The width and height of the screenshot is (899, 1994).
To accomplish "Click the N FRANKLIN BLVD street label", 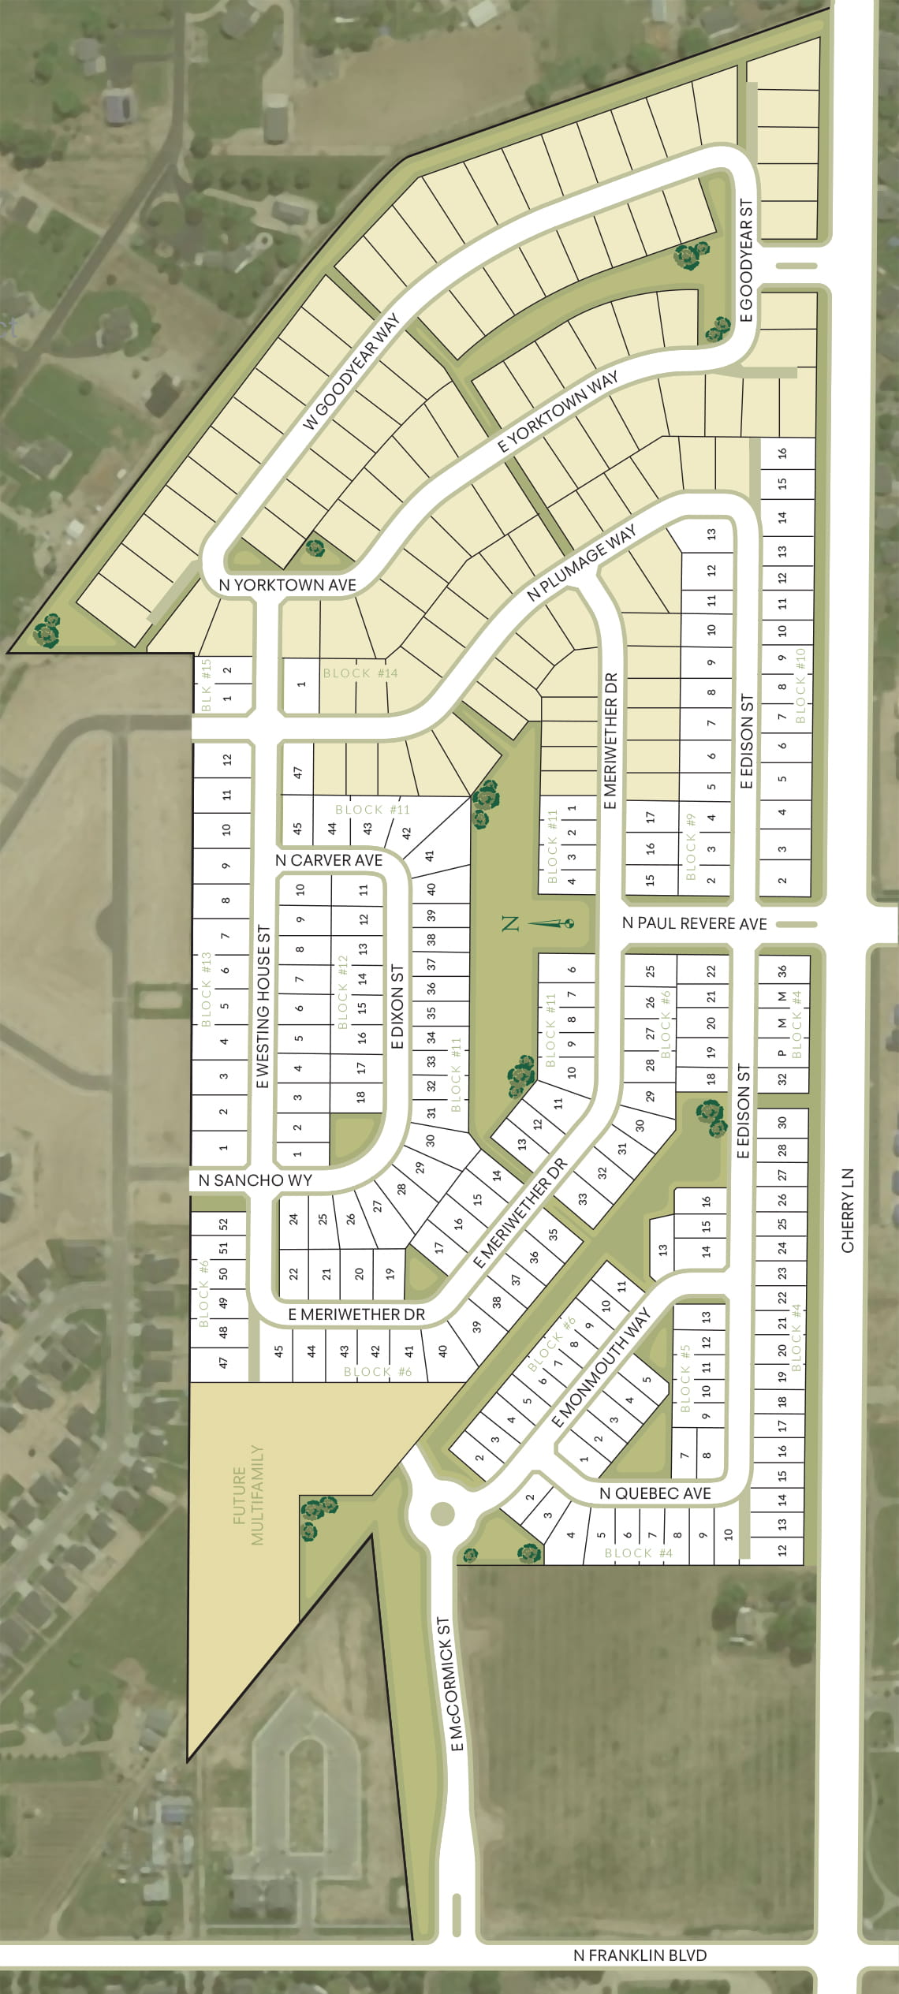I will pos(640,1955).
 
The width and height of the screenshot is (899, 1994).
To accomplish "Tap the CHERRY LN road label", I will pos(848,1209).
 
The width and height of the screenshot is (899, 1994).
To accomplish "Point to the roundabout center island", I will pos(442,1513).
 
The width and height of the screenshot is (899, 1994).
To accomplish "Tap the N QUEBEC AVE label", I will pos(655,1493).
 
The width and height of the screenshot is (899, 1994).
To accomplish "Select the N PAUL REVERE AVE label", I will pos(694,923).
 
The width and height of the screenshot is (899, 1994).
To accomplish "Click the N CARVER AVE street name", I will pos(329,860).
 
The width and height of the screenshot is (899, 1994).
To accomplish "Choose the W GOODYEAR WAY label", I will pos(352,371).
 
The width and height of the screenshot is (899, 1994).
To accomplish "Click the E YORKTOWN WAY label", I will pos(558,412).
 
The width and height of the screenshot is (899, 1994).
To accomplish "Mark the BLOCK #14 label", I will pos(360,673).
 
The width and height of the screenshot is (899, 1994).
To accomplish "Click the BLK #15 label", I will pos(207,684).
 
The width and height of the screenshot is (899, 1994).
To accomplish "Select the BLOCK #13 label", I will pos(207,989).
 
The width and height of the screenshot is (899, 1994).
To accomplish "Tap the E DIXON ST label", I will pos(397,1006).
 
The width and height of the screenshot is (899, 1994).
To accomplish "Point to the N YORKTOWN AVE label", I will pos(287,585).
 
